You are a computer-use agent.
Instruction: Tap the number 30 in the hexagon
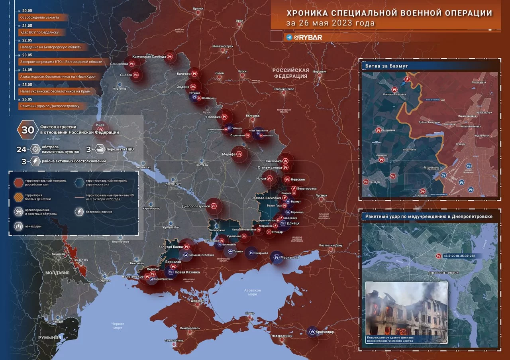(x=28, y=130)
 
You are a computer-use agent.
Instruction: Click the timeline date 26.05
(x=27, y=99)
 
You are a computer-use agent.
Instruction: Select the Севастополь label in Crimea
(x=174, y=340)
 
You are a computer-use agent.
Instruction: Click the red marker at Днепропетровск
(x=214, y=206)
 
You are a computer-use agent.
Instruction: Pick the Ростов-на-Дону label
(x=331, y=246)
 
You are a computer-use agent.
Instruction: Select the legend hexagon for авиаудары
(x=18, y=226)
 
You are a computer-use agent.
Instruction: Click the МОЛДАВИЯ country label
(x=57, y=273)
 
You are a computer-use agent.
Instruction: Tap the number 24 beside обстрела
(x=21, y=150)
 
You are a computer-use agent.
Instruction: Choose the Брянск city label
(x=198, y=8)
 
